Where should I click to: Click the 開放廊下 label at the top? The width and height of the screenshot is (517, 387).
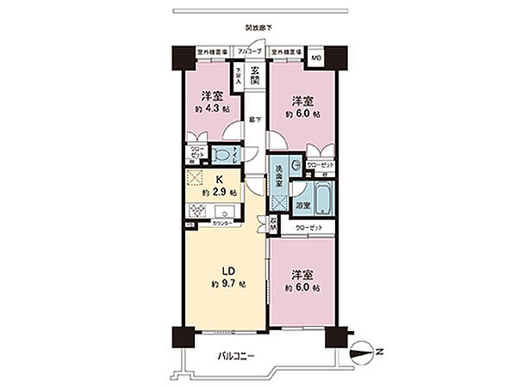(x=258, y=28)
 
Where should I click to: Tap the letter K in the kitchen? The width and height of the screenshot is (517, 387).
(x=219, y=179)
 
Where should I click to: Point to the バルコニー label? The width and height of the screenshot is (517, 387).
(x=232, y=356)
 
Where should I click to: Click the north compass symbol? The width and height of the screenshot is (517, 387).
(x=367, y=351)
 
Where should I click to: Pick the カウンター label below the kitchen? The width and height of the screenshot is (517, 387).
(x=221, y=222)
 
